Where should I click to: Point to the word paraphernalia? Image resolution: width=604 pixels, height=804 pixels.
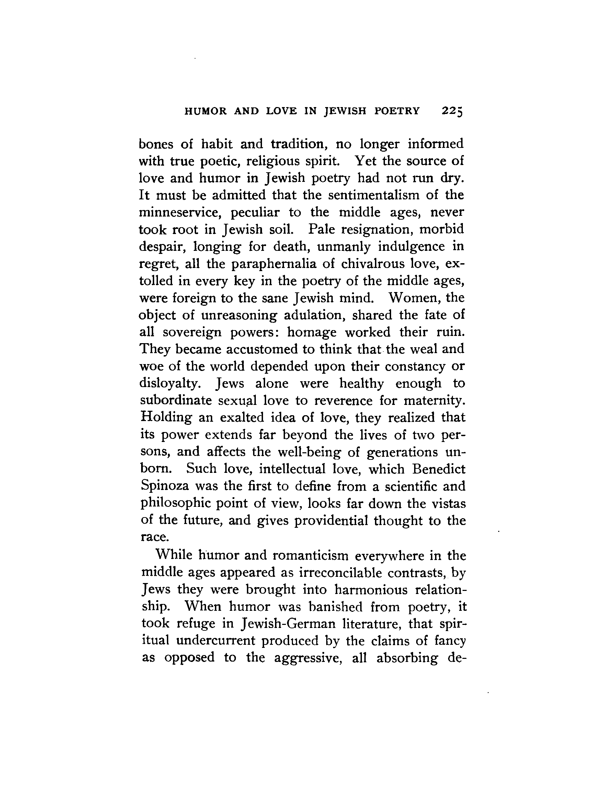coord(274,264)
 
